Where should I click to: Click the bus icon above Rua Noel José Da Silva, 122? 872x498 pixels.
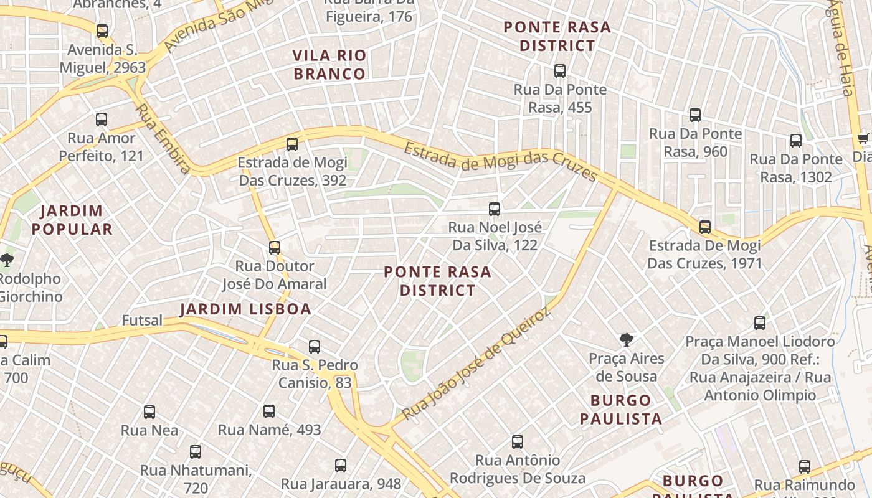click(495, 209)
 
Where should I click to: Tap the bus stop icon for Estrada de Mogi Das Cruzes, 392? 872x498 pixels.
click(291, 144)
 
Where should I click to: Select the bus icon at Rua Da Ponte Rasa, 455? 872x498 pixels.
click(560, 71)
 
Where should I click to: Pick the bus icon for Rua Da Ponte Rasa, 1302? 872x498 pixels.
click(795, 141)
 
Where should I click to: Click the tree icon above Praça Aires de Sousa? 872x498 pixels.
click(627, 340)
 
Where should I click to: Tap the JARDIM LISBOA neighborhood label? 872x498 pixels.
click(245, 309)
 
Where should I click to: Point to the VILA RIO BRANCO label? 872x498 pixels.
click(329, 65)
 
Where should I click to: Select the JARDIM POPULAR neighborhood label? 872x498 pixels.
click(72, 220)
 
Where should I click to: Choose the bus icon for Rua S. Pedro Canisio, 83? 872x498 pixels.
click(315, 347)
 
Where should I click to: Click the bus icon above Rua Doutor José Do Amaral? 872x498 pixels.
click(275, 248)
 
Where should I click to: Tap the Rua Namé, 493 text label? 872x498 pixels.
click(269, 430)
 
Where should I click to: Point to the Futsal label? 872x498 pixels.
click(142, 321)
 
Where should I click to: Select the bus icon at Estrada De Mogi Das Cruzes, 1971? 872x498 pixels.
click(704, 227)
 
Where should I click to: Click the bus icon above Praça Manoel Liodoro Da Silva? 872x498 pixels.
click(760, 323)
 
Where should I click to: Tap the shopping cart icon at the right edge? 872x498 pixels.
click(863, 138)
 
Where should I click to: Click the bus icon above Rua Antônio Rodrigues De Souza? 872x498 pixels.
click(518, 442)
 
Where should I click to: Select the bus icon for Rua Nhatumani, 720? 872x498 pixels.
click(196, 452)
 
